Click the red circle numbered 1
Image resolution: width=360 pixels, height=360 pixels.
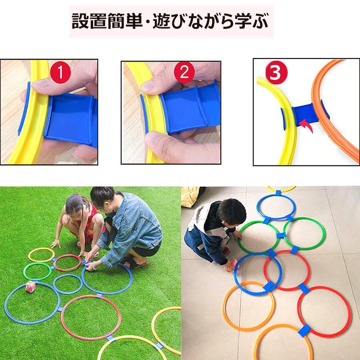click(x=60, y=72)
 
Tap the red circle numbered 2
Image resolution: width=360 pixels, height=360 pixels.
click(x=184, y=72)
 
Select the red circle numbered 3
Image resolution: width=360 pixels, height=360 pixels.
click(x=276, y=73)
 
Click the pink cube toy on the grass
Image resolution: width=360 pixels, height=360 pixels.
click(x=30, y=287)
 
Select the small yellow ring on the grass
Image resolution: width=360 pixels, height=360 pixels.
click(x=42, y=248)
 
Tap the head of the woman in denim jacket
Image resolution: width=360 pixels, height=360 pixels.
click(x=104, y=198)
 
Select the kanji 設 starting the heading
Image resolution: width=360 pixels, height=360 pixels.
click(x=80, y=21)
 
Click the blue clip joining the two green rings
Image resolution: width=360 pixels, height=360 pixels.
click(x=281, y=235)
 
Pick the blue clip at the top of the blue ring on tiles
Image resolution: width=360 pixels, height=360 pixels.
click(x=278, y=193)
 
